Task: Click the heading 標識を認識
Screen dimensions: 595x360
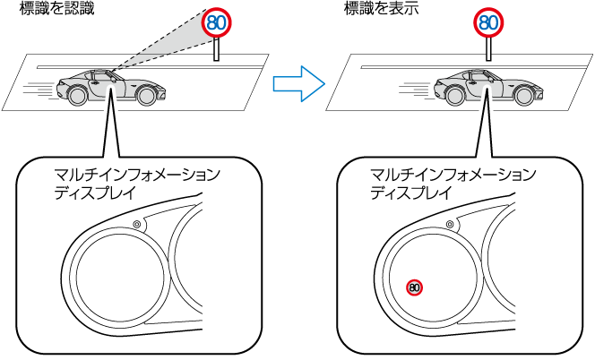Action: coord(57,8)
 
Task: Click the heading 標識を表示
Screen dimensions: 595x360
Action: coord(382,8)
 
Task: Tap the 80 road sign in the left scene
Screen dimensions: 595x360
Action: coord(216,22)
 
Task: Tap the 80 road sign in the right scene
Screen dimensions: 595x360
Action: coord(488,22)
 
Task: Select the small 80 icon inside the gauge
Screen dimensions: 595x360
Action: coord(414,288)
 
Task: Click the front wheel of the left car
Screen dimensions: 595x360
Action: coord(146,95)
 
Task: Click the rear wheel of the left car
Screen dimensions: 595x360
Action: coord(77,95)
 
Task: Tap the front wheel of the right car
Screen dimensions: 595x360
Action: coord(524,95)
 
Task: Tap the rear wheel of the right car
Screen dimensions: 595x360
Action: coord(454,95)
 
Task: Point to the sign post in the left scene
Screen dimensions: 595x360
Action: coord(216,49)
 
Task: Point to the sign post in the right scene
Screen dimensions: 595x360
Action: coord(488,49)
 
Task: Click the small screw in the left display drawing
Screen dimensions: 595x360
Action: coord(137,224)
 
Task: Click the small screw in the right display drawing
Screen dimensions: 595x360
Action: coord(450,224)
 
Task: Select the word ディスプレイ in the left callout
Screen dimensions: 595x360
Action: coord(95,193)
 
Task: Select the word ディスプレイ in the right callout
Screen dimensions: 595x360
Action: coord(411,193)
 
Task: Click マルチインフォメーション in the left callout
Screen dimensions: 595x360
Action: coord(137,175)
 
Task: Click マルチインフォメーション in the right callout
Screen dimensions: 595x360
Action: coord(453,175)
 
